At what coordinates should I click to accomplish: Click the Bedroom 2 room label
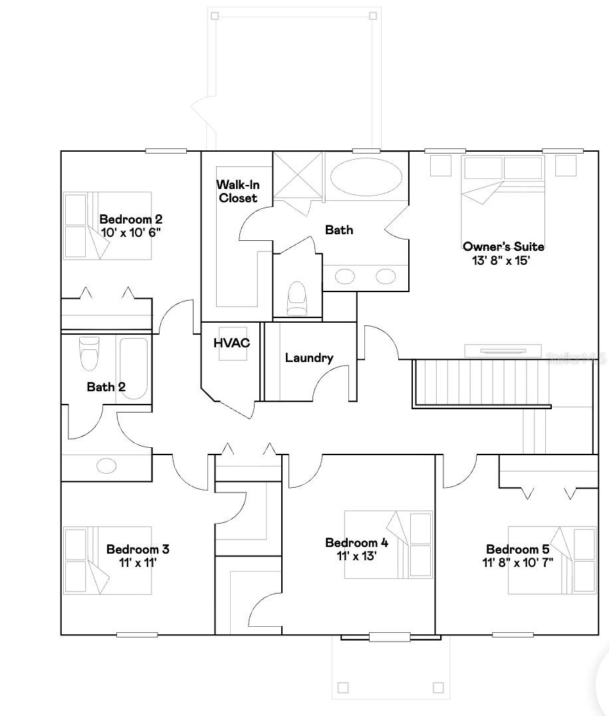click(x=130, y=219)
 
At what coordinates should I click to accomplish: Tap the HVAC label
click(x=231, y=343)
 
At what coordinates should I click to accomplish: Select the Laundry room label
click(x=309, y=358)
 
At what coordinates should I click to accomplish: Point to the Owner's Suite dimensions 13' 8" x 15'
click(x=501, y=260)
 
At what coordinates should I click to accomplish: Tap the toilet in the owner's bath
click(x=297, y=299)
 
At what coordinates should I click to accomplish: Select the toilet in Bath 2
click(x=88, y=353)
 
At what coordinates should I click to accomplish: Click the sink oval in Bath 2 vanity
click(x=106, y=465)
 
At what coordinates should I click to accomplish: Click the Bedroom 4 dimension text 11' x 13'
click(x=356, y=556)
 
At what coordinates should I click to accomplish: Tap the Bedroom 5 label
click(x=517, y=550)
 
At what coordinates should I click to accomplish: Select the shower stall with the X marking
click(x=299, y=175)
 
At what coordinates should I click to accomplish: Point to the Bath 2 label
click(x=106, y=387)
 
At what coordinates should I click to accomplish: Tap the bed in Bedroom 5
click(x=552, y=560)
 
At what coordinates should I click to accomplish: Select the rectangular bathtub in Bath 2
click(x=134, y=368)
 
